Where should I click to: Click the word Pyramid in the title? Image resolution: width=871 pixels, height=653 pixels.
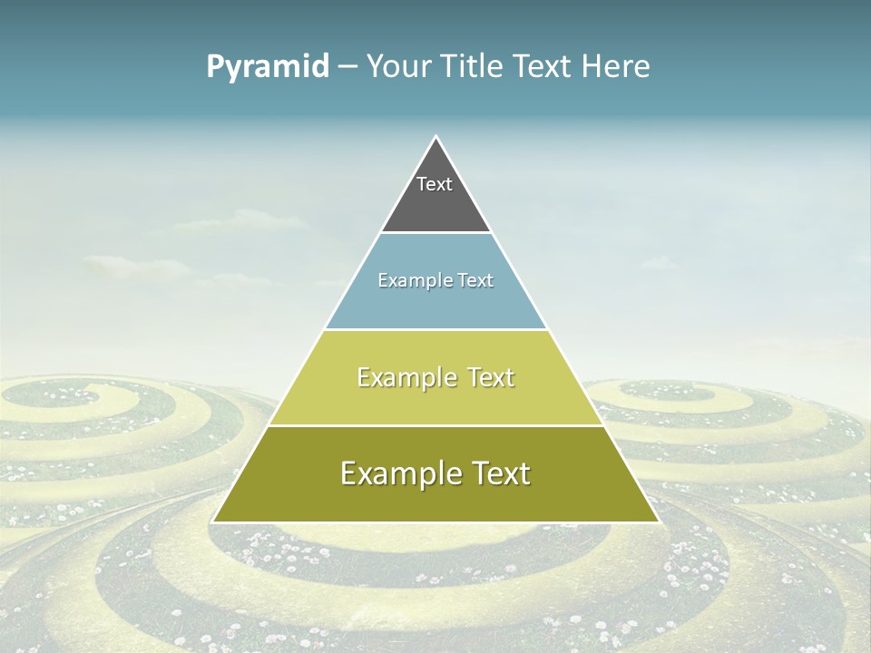(x=268, y=67)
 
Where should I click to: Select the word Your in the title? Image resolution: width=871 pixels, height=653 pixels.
(x=399, y=67)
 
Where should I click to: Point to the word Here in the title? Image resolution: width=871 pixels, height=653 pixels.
(x=615, y=67)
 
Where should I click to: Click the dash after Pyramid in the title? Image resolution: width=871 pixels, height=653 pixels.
(x=347, y=67)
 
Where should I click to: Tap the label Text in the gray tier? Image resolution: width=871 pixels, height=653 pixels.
(x=435, y=184)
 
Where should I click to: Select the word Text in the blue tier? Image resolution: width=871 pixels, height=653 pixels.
(x=475, y=281)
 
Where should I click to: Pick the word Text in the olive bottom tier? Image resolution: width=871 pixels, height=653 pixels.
(x=501, y=473)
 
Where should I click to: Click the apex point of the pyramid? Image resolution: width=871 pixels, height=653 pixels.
(x=435, y=137)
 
